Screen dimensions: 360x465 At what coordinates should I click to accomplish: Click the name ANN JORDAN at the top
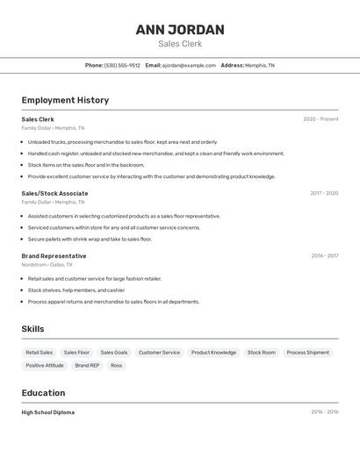[180, 30]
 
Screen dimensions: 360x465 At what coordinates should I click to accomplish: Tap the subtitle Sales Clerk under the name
[180, 44]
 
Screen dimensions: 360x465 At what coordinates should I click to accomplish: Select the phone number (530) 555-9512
[122, 65]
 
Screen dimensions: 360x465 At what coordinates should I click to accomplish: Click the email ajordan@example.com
[189, 65]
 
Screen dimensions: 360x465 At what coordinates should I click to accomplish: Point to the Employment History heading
[65, 100]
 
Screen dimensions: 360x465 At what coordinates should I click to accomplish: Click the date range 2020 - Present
[320, 119]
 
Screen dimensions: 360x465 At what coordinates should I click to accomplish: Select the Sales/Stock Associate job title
[54, 193]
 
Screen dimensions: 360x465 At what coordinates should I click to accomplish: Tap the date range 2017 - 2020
[324, 193]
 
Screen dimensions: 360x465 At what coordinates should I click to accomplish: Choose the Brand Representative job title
[54, 256]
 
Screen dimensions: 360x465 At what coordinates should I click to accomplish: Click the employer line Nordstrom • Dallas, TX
[47, 264]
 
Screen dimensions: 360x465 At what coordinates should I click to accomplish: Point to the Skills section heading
[33, 329]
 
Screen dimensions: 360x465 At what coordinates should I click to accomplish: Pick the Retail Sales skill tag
[40, 353]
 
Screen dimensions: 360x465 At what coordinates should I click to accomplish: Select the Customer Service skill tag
[159, 353]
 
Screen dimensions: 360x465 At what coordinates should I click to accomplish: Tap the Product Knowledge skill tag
[213, 353]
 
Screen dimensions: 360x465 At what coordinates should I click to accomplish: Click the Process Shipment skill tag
[307, 353]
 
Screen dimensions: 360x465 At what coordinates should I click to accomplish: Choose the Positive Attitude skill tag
[45, 365]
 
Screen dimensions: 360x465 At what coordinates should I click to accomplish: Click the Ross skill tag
[116, 365]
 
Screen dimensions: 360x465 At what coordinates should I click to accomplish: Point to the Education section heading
[43, 393]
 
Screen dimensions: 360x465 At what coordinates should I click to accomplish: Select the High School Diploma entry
[48, 412]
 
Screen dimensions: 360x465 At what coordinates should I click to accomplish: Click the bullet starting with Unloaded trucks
[123, 141]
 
